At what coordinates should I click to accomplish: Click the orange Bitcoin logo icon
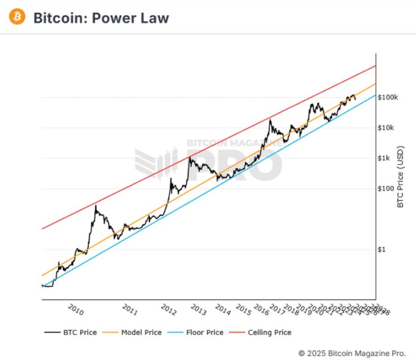(x=17, y=17)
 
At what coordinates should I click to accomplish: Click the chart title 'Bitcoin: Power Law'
(x=101, y=18)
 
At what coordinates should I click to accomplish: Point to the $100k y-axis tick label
(x=388, y=98)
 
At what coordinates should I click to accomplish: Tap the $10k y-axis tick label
(x=386, y=128)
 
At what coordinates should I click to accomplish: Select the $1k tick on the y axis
(x=384, y=158)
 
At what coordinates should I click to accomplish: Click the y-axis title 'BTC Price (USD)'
(x=401, y=177)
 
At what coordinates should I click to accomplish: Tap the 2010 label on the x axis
(x=76, y=310)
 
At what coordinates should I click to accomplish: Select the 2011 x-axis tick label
(x=130, y=310)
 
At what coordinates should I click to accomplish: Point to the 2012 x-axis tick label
(x=169, y=310)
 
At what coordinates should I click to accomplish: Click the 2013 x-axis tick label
(x=199, y=310)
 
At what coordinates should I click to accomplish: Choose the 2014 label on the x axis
(x=223, y=310)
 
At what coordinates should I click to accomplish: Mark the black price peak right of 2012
(x=189, y=157)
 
